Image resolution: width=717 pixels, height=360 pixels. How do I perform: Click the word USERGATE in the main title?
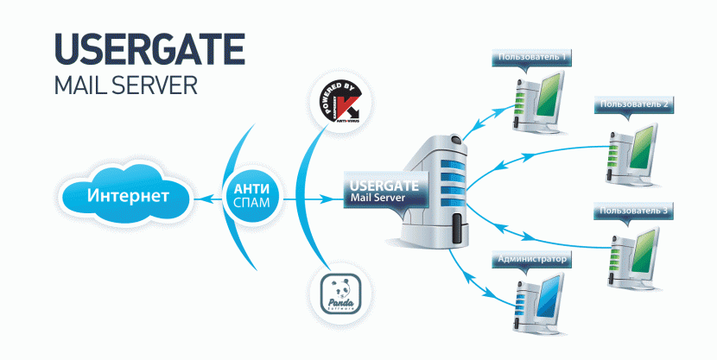point(149,50)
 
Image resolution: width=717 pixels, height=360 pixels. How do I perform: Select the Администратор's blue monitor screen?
point(547,300)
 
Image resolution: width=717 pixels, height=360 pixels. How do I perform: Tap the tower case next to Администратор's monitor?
point(521,306)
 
